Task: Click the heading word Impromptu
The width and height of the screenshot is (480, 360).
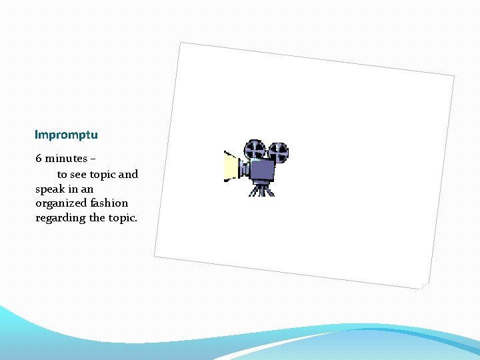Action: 66,135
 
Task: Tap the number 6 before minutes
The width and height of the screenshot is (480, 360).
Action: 39,159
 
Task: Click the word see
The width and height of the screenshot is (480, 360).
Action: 79,175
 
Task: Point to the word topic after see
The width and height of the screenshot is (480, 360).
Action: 103,175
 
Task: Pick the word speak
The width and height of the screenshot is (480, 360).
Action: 49,189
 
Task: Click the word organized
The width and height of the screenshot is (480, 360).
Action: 64,203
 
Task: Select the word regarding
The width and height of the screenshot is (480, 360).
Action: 61,218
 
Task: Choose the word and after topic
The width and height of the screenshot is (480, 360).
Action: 129,175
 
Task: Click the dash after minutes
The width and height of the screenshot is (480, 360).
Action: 93,159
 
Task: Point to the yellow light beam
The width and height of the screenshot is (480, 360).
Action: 231,167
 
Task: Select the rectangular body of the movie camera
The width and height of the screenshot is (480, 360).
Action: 263,171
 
